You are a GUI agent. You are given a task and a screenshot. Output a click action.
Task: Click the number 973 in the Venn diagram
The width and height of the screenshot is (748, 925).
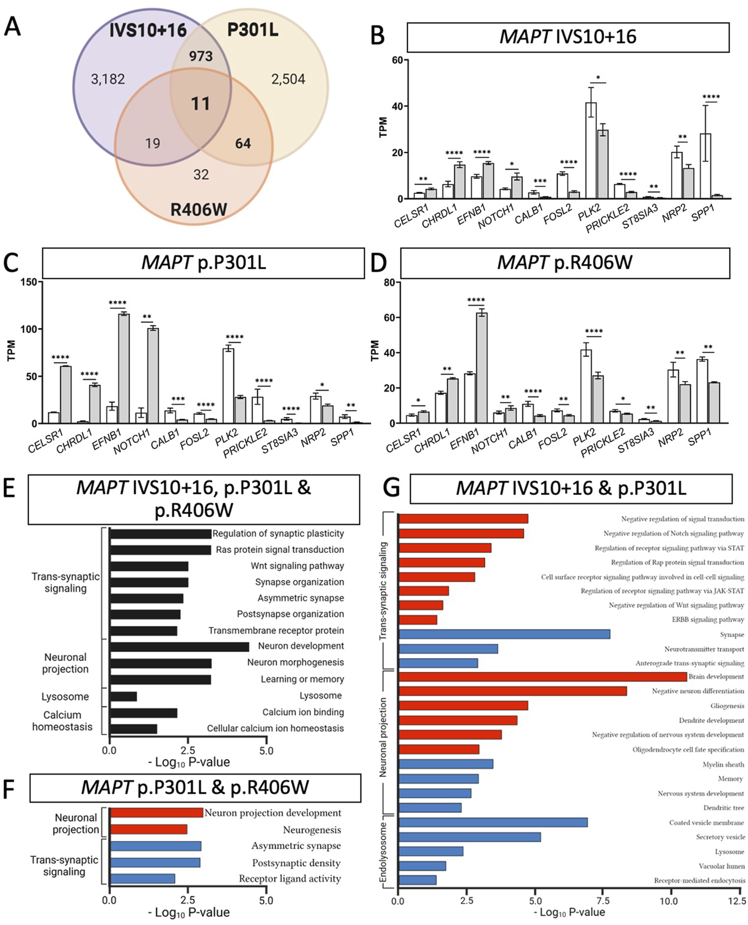pyautogui.click(x=200, y=56)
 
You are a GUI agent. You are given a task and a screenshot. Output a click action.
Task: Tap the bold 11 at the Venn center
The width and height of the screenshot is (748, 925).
pyautogui.click(x=200, y=103)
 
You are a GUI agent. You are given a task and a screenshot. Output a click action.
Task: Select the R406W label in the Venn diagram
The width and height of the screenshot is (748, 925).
pyautogui.click(x=199, y=209)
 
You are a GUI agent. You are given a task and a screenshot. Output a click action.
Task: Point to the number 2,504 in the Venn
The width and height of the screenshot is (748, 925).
pyautogui.click(x=288, y=79)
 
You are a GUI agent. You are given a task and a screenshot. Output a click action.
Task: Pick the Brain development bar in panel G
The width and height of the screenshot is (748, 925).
pyautogui.click(x=542, y=676)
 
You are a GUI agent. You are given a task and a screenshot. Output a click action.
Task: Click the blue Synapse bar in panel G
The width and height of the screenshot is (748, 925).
pyautogui.click(x=504, y=634)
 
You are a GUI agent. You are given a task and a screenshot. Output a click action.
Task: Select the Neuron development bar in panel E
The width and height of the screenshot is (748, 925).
pyautogui.click(x=179, y=647)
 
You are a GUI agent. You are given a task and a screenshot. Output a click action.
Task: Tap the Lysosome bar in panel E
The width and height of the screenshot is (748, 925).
pyautogui.click(x=123, y=696)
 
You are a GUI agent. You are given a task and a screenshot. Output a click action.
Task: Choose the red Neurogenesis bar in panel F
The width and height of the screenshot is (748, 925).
pyautogui.click(x=149, y=829)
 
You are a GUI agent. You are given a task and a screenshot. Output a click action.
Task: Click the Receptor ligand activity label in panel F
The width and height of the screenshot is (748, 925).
pyautogui.click(x=290, y=879)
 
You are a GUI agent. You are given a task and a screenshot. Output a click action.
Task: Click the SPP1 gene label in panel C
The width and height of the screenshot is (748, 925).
pyautogui.click(x=341, y=438)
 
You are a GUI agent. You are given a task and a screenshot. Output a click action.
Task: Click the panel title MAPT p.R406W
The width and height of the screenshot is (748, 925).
pyautogui.click(x=564, y=262)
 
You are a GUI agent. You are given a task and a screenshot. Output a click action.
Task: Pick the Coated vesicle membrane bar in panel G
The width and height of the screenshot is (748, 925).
pyautogui.click(x=493, y=822)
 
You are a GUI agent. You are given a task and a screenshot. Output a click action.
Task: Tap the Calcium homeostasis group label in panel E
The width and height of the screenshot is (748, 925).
pyautogui.click(x=62, y=721)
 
